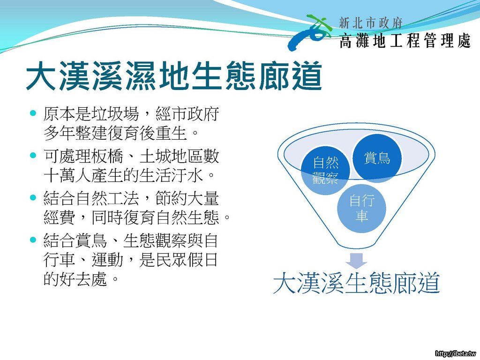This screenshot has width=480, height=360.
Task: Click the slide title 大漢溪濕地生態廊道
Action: (x=174, y=76)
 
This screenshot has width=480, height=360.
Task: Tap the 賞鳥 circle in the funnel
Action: (x=377, y=158)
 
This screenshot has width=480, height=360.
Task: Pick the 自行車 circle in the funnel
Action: (x=362, y=208)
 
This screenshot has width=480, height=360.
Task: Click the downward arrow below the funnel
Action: (x=356, y=261)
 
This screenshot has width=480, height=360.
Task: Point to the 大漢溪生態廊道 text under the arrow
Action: (x=356, y=283)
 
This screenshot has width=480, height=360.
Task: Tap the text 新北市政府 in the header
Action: (x=370, y=23)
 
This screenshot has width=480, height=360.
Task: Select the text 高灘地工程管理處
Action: (x=405, y=41)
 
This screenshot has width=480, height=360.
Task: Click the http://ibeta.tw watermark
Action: (x=457, y=353)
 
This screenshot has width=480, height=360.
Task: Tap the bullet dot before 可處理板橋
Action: (x=33, y=155)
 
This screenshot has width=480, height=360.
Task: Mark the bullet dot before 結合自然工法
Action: (x=33, y=197)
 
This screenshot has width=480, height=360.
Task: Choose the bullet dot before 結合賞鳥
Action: (x=33, y=239)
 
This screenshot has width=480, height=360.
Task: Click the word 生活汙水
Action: (x=171, y=175)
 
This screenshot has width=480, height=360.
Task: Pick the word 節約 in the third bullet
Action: (x=171, y=198)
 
